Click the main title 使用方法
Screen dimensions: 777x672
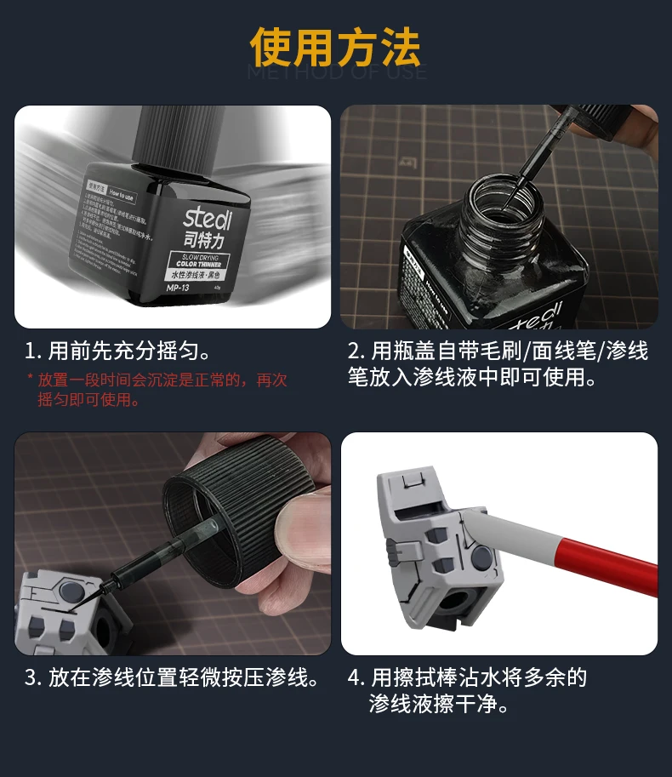click(335, 49)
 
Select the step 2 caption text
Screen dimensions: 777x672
click(498, 364)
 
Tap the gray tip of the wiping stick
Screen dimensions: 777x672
click(481, 524)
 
